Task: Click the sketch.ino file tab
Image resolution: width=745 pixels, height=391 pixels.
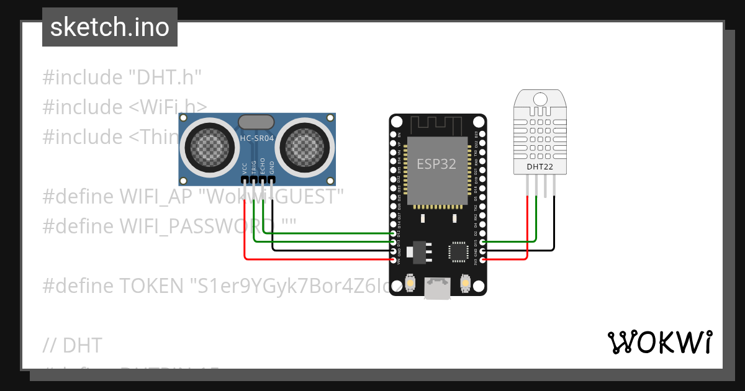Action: click(x=110, y=27)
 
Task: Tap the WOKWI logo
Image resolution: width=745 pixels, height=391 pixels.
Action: click(x=659, y=342)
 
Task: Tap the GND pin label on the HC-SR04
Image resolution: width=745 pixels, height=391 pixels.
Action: click(x=271, y=169)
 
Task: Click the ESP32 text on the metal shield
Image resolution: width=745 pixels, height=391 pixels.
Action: click(x=436, y=164)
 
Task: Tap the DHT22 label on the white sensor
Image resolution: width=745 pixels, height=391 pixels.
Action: click(x=540, y=166)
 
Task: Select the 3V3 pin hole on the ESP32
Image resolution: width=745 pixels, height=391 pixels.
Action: click(x=483, y=259)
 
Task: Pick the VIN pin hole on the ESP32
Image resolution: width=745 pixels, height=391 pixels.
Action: click(x=392, y=259)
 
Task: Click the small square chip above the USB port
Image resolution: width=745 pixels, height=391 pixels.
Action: click(x=459, y=251)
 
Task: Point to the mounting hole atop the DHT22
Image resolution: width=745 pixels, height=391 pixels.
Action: click(x=540, y=99)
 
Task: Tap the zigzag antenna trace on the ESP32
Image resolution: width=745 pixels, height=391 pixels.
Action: click(x=438, y=127)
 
